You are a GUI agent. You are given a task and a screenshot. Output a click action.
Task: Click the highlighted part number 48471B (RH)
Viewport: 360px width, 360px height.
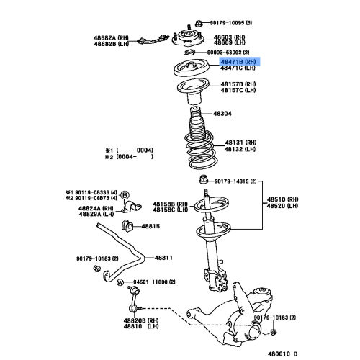coord(238,62)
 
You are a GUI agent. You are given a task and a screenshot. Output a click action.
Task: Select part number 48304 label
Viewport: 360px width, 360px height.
coord(222,114)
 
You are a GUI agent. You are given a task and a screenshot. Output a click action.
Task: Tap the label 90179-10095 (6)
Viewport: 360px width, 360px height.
coord(231,23)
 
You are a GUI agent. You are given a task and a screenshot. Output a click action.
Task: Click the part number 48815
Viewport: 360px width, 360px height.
coord(150,226)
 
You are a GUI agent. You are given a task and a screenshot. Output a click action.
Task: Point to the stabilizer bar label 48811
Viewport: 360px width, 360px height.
coord(163,258)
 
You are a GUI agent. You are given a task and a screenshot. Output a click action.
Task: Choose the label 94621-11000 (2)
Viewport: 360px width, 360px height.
coord(154,282)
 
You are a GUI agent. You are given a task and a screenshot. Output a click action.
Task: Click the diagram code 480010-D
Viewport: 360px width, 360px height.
coord(282,354)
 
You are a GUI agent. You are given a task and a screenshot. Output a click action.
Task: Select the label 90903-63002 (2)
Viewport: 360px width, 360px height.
coord(228,53)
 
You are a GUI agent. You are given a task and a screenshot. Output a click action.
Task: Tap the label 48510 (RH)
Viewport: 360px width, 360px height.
coord(283,199)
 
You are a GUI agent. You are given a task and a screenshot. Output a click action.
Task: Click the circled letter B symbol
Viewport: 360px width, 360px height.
coord(125,195)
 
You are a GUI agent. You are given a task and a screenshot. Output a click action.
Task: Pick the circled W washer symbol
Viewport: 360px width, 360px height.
coord(120,282)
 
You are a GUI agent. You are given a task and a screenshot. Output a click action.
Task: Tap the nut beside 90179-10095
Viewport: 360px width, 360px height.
coord(198,23)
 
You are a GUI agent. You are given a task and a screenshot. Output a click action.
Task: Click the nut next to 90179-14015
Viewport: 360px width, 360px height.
coord(203,179)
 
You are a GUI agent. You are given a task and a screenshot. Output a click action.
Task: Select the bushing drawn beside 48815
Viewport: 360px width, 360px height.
coord(127,226)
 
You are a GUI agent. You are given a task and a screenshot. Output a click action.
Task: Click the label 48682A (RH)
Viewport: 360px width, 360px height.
coord(111,38)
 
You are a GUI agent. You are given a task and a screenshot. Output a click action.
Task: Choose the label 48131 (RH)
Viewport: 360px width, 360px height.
coord(240,143)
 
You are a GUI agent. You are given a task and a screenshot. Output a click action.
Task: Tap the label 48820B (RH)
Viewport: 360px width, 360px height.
coord(141,320)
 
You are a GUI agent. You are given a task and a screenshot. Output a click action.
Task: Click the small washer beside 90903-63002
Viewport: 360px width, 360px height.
coord(189,52)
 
